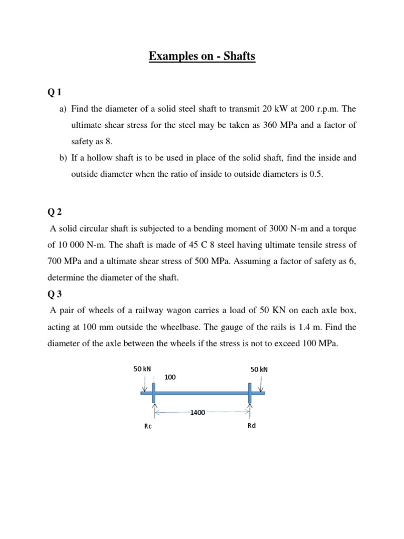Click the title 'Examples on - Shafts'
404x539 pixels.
click(x=202, y=56)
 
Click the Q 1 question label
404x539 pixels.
click(x=54, y=93)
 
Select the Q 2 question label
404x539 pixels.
click(x=54, y=212)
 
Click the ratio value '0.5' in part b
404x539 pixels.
click(x=314, y=175)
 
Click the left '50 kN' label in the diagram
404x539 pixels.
click(x=143, y=370)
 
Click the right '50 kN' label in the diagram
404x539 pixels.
click(x=259, y=370)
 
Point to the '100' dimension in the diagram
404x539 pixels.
click(x=170, y=377)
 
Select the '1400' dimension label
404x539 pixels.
click(x=198, y=413)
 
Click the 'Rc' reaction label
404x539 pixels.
click(x=148, y=426)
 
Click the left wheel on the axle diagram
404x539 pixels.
click(x=154, y=393)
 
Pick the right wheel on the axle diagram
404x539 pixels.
click(x=250, y=393)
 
